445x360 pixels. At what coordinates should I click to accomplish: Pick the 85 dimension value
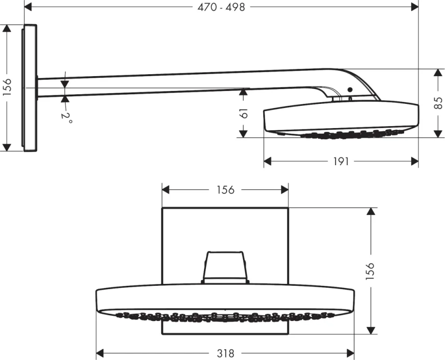click(x=438, y=103)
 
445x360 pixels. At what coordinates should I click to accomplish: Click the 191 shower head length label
click(x=341, y=161)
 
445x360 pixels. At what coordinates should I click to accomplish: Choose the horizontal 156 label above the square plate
click(x=225, y=190)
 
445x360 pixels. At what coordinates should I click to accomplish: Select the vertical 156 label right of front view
click(x=370, y=270)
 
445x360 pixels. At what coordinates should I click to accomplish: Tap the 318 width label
click(x=225, y=353)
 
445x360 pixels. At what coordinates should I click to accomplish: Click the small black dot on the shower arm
click(x=350, y=90)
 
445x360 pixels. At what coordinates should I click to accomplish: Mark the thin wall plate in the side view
click(x=30, y=88)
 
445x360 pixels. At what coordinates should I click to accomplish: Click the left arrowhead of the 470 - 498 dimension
click(x=28, y=7)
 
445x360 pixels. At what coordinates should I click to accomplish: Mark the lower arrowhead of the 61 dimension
click(x=242, y=134)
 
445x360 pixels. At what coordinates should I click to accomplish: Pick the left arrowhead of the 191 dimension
click(x=268, y=161)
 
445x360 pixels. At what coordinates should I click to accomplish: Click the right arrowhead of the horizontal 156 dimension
click(x=284, y=190)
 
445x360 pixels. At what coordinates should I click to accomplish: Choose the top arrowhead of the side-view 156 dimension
click(x=7, y=29)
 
